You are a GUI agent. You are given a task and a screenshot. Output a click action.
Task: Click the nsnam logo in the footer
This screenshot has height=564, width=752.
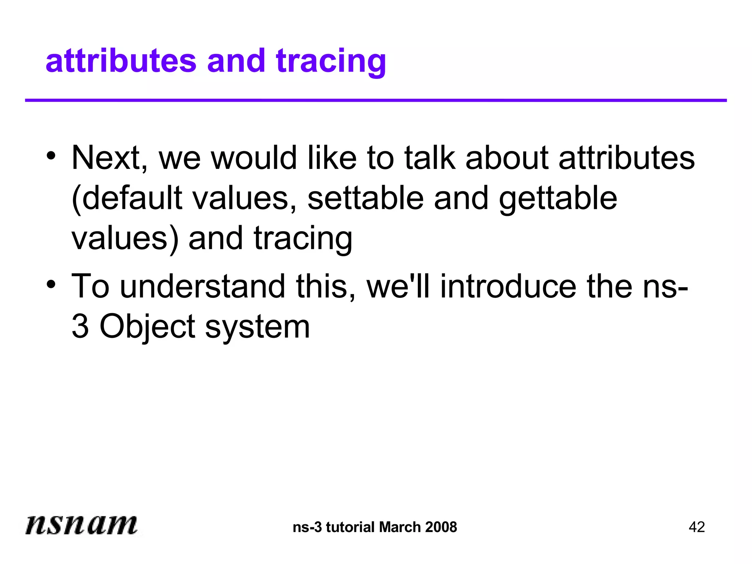click(81, 524)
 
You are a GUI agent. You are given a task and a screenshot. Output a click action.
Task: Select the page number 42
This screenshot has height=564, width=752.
click(697, 527)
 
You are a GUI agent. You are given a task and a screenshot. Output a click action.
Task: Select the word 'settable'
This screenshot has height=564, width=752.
click(366, 198)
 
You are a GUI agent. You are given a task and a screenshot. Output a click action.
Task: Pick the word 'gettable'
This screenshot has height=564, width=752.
click(558, 198)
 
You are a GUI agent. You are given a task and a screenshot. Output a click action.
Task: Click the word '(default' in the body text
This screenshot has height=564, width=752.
click(127, 198)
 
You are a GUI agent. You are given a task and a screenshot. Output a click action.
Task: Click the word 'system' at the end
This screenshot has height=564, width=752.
click(257, 327)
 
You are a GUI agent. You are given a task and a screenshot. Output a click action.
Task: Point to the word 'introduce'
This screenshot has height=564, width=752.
click(508, 286)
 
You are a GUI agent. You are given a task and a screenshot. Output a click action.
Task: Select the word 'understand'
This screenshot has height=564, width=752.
click(202, 286)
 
